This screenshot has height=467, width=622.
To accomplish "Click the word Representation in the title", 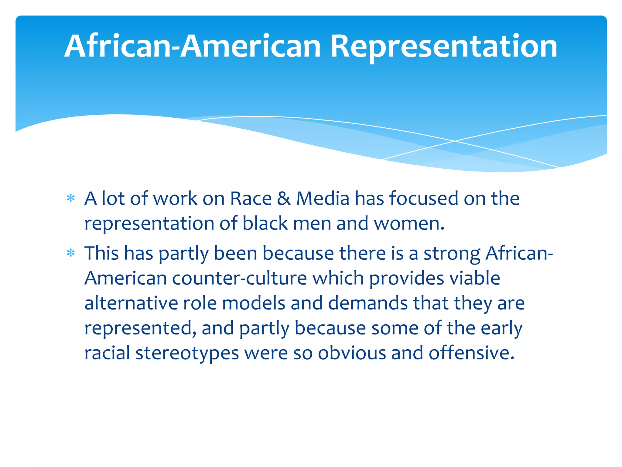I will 443,46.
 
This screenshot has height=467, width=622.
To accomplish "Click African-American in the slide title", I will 193,46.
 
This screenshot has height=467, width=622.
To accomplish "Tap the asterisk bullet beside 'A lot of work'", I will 71,199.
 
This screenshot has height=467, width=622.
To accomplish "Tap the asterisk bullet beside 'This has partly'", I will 71,253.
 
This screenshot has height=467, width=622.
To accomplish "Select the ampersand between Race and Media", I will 284,199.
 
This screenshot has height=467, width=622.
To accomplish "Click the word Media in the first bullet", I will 323,199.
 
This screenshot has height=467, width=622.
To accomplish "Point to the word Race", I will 251,199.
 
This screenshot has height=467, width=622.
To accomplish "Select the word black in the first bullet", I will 265,224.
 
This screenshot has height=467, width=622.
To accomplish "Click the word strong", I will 452,254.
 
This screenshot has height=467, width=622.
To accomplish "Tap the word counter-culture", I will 240,278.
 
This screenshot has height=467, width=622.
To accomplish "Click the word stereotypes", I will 187,354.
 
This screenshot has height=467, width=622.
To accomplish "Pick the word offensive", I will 471,353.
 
